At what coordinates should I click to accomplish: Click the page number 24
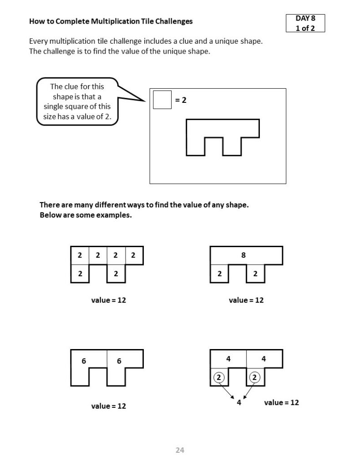pos(180,450)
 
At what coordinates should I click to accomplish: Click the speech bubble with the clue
pos(77,102)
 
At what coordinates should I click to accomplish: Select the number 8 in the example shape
pos(243,255)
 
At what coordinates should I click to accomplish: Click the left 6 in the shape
pos(84,361)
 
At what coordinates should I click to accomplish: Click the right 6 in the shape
pos(119,361)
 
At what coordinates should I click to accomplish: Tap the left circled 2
pos(219,377)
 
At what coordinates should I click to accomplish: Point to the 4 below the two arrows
pos(239,402)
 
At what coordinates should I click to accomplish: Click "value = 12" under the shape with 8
pos(246,300)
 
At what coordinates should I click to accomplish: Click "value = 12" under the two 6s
pos(108,406)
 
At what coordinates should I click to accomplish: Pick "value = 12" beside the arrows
pos(281,402)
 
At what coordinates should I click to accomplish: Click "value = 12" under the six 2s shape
pos(108,300)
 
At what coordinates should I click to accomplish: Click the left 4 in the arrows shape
pos(228,359)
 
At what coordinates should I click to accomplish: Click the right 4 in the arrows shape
pos(264,359)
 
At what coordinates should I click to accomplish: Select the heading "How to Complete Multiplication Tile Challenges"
pos(111,21)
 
